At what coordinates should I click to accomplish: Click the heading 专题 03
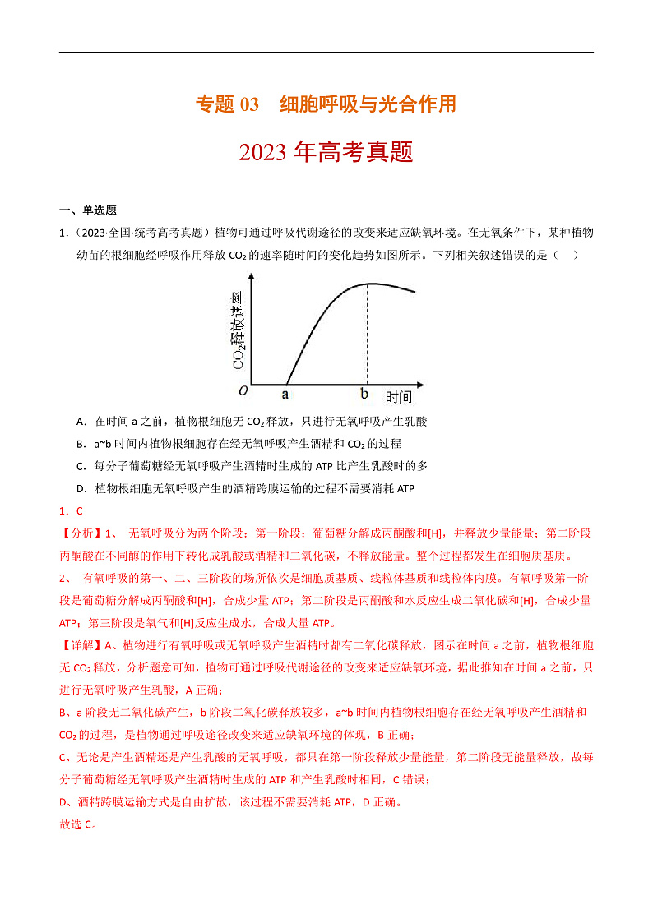[227, 104]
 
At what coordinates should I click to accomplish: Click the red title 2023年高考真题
[326, 152]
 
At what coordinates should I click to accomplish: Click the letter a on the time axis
[286, 395]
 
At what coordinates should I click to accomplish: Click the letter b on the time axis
[364, 395]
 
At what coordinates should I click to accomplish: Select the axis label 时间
[399, 398]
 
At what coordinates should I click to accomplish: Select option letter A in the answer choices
[81, 422]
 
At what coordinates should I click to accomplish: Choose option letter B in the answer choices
[81, 444]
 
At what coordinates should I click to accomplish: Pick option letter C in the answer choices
[81, 466]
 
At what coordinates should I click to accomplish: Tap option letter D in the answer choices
[81, 488]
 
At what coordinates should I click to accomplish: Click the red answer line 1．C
[72, 510]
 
